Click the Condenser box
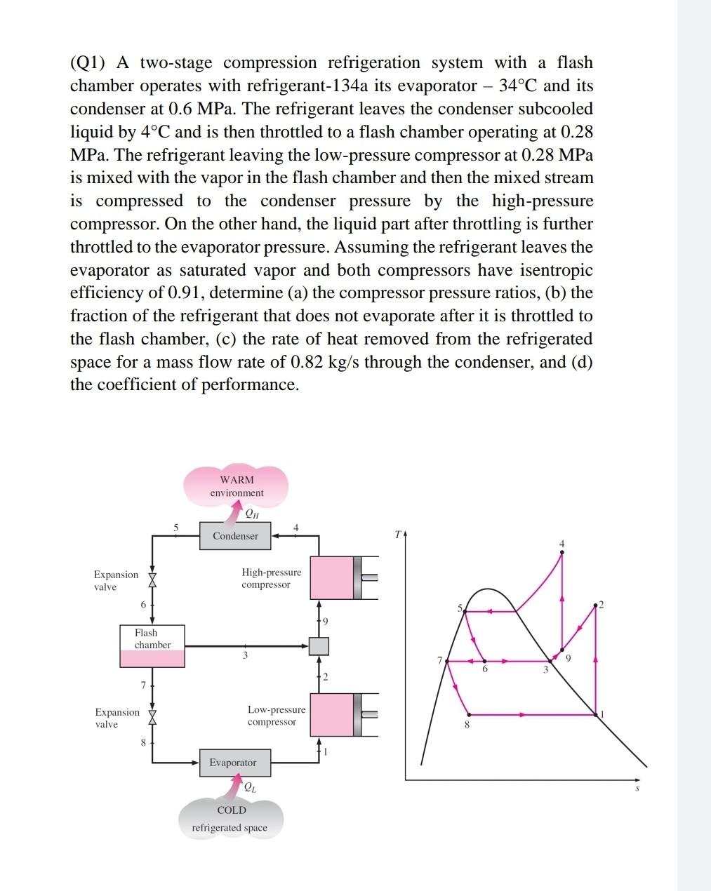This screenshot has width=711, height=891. pyautogui.click(x=235, y=536)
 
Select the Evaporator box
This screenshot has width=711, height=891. pyautogui.click(x=233, y=763)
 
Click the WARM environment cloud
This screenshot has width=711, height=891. pyautogui.click(x=237, y=486)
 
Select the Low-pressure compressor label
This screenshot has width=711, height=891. pyautogui.click(x=276, y=716)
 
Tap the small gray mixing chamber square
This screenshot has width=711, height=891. pyautogui.click(x=319, y=645)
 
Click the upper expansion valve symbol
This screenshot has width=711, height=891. pyautogui.click(x=152, y=578)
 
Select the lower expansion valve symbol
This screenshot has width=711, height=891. pyautogui.click(x=152, y=716)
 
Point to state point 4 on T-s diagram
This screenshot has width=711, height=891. pyautogui.click(x=562, y=552)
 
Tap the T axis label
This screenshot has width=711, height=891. pyautogui.click(x=397, y=535)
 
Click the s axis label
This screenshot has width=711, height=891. pyautogui.click(x=637, y=789)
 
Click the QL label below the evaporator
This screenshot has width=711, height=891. pyautogui.click(x=250, y=787)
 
